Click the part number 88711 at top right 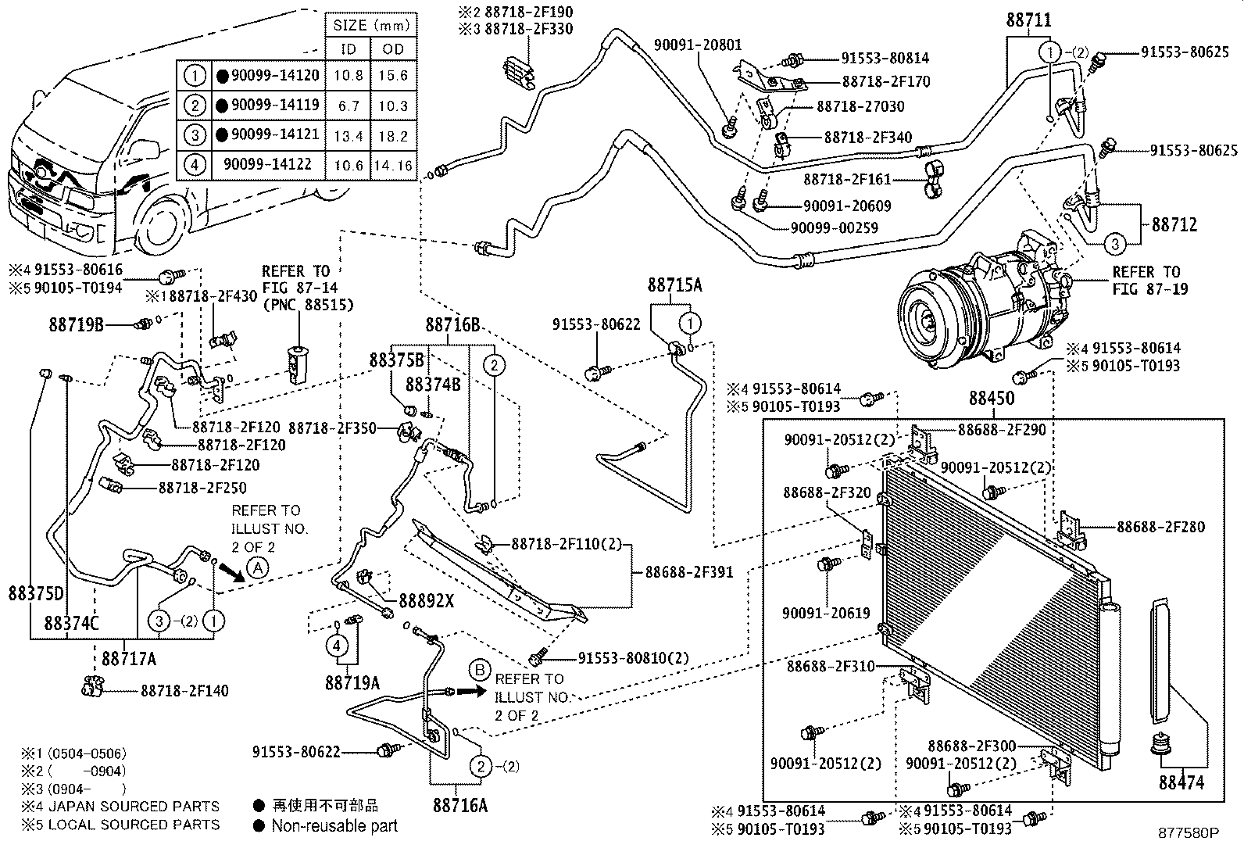(1028, 20)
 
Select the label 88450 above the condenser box (991, 398)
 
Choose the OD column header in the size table (393, 49)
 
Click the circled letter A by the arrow (258, 568)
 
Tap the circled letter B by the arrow (480, 670)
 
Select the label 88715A (674, 285)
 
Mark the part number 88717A (127, 659)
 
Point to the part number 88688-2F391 (688, 572)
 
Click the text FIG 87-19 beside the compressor (1149, 289)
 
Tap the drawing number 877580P (1188, 833)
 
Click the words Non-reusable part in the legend (334, 826)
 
